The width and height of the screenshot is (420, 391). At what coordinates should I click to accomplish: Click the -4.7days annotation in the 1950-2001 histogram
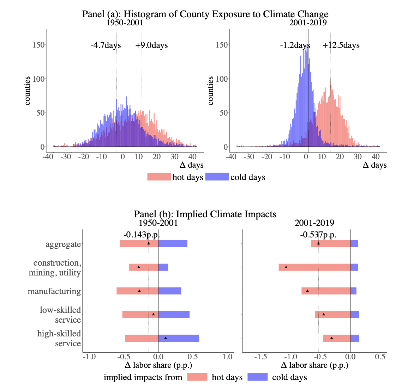point(106,45)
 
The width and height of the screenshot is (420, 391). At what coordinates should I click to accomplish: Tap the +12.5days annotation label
point(341,45)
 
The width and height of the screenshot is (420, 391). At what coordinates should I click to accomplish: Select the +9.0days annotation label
point(151,45)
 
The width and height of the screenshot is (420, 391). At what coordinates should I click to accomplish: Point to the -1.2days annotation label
point(295,45)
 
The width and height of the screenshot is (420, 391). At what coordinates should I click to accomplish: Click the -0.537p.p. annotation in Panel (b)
point(318,235)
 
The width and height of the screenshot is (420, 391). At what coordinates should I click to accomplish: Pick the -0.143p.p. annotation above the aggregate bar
point(142,235)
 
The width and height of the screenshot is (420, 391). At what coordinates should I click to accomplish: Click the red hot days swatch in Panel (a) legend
point(159,177)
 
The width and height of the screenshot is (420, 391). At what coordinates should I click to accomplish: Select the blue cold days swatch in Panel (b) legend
point(258,377)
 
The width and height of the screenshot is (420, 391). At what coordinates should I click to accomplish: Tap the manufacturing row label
point(54,291)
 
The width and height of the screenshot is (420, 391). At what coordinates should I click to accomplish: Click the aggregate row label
point(63,244)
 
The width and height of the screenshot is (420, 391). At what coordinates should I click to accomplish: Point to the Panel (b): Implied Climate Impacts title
point(205,214)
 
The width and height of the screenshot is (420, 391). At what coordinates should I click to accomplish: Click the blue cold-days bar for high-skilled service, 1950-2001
point(179,338)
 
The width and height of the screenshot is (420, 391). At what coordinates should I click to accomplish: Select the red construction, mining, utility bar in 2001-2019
point(314,267)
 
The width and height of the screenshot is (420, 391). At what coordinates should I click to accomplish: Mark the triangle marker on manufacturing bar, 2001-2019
point(307,291)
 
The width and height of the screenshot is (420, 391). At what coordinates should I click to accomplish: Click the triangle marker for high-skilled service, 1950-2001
point(166,338)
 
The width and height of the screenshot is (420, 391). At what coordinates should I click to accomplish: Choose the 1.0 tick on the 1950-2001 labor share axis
point(228,357)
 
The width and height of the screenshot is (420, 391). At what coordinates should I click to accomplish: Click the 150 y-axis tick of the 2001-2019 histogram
point(222,45)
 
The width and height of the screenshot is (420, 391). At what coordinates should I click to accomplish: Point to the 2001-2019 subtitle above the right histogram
point(308,23)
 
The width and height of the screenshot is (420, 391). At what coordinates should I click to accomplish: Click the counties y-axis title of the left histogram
point(28,91)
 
